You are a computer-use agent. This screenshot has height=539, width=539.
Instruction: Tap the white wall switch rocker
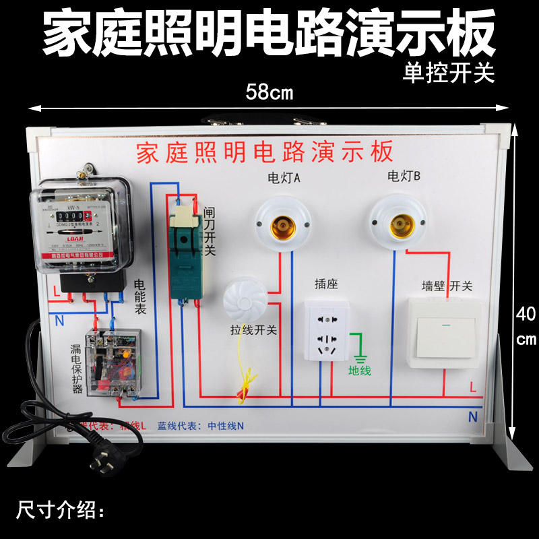(x=445, y=336)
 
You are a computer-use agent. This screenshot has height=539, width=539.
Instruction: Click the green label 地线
(x=359, y=370)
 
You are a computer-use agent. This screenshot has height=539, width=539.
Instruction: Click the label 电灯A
(x=284, y=178)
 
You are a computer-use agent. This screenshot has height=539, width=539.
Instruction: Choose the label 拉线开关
(x=253, y=331)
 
